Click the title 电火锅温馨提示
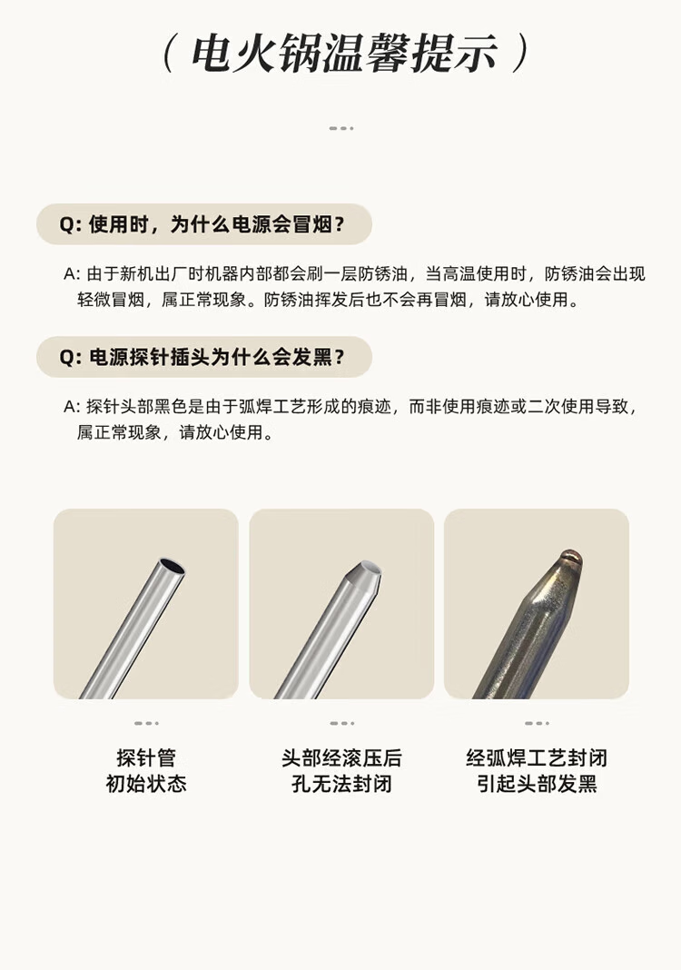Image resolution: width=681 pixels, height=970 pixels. [x=344, y=54]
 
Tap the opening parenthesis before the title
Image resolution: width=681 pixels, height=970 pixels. [x=167, y=54]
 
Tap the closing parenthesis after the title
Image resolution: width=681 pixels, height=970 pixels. [x=522, y=54]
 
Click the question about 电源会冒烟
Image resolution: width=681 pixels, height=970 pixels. [x=202, y=224]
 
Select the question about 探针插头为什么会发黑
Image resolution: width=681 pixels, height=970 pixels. [x=202, y=357]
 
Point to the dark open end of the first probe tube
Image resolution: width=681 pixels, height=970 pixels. [x=172, y=566]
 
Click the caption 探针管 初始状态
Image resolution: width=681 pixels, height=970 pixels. [x=146, y=771]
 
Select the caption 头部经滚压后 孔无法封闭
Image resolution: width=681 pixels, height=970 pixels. [x=341, y=771]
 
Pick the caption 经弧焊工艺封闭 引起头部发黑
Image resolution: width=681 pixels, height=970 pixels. [x=537, y=771]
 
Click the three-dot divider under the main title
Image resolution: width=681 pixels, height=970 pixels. [x=341, y=128]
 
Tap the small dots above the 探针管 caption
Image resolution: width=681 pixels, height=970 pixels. [x=146, y=723]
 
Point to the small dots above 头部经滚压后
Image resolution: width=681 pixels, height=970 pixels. [x=342, y=723]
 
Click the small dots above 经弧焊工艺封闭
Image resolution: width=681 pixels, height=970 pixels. [x=537, y=723]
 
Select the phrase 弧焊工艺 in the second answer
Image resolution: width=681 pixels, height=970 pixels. [x=272, y=406]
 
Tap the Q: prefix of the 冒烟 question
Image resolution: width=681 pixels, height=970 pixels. [x=71, y=224]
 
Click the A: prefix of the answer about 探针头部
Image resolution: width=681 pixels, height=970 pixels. [x=73, y=406]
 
